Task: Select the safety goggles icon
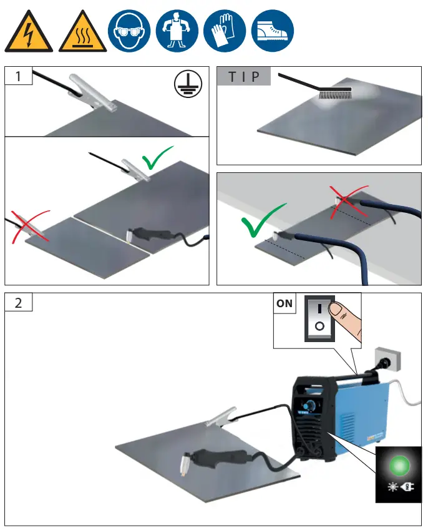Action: click(x=129, y=31)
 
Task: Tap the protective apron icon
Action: click(x=177, y=31)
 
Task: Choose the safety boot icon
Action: click(x=272, y=31)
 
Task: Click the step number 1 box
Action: click(x=19, y=77)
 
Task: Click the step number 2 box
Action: click(x=19, y=303)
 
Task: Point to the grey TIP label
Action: click(x=244, y=77)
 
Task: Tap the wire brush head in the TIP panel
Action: click(x=336, y=94)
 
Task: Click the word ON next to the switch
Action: click(x=285, y=304)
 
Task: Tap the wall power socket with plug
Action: click(x=381, y=362)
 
